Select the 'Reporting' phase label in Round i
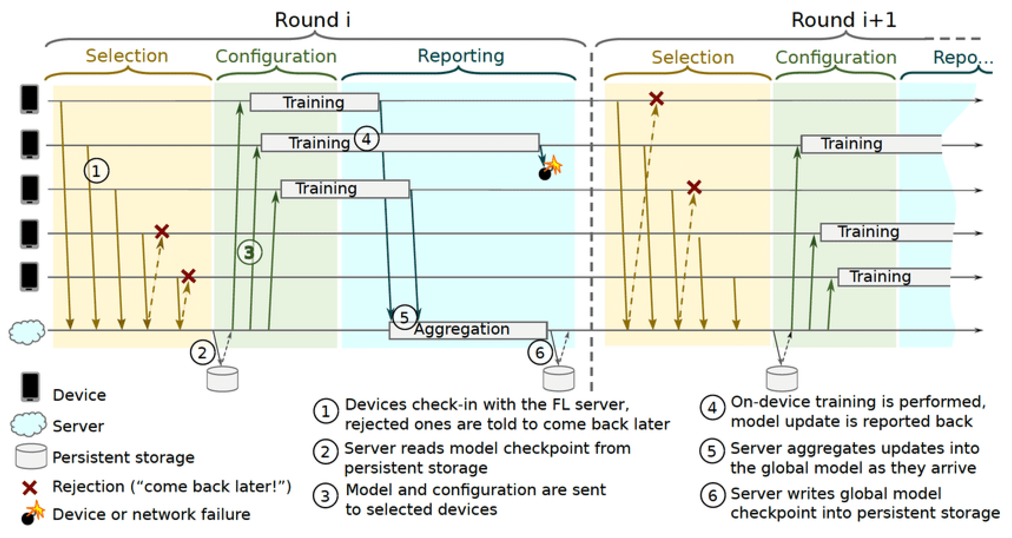tap(461, 56)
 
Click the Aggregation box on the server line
tap(468, 330)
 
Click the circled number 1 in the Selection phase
tap(96, 171)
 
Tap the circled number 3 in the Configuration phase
tap(249, 252)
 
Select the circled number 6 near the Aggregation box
tap(540, 352)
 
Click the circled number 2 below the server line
tap(202, 352)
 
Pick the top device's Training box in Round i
tap(314, 102)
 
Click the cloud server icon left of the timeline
tap(27, 332)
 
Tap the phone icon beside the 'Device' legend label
tap(30, 387)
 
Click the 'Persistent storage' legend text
tap(123, 457)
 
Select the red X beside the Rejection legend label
tap(30, 488)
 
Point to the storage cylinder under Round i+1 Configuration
tap(782, 379)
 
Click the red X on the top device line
tap(656, 98)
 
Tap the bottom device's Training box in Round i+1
tap(894, 277)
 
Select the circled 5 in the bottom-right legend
tap(712, 451)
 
